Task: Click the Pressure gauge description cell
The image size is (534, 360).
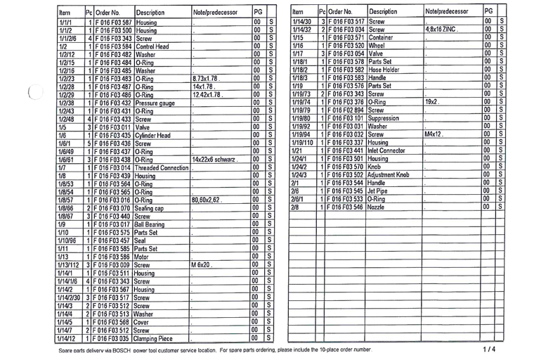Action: pyautogui.click(x=155, y=102)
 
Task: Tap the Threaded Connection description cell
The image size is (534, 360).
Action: pyautogui.click(x=161, y=169)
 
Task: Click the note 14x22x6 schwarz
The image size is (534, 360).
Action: pyautogui.click(x=215, y=160)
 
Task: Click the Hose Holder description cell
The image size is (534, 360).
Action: pyautogui.click(x=384, y=69)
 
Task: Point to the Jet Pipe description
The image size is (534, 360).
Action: pyautogui.click(x=380, y=190)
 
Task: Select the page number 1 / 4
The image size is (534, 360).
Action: pyautogui.click(x=489, y=349)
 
